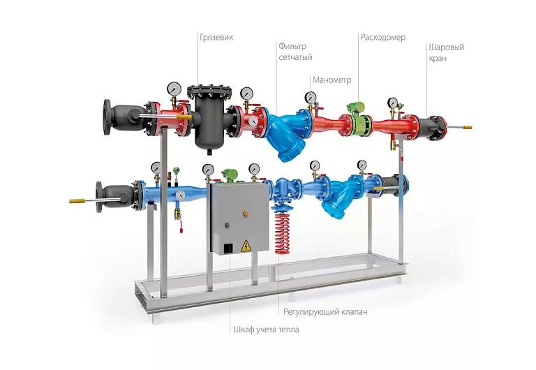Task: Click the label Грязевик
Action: pyautogui.click(x=216, y=37)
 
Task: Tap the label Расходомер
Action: pyautogui.click(x=383, y=37)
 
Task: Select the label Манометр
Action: pyautogui.click(x=332, y=80)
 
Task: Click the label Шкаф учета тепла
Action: pyautogui.click(x=266, y=330)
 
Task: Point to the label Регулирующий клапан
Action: pyautogui.click(x=325, y=312)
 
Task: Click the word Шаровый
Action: pyautogui.click(x=447, y=47)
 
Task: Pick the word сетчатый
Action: pyautogui.click(x=295, y=57)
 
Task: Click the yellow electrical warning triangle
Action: pyautogui.click(x=246, y=246)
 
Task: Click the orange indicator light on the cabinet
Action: pyautogui.click(x=245, y=214)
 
